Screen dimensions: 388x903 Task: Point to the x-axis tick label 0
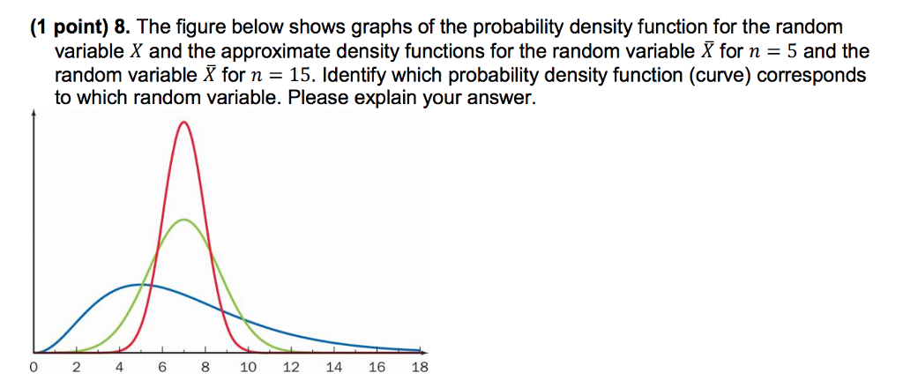coord(34,368)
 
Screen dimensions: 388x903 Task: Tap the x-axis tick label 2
coord(76,368)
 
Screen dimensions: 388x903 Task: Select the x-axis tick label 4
coord(119,368)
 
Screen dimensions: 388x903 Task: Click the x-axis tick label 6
coord(162,368)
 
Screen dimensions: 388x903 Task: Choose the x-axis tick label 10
coord(248,368)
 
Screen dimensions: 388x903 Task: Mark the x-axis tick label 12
coord(291,368)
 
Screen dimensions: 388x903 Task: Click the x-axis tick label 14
coord(334,368)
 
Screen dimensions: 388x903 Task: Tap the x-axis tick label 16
coord(377,368)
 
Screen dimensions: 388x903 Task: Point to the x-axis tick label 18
coord(420,368)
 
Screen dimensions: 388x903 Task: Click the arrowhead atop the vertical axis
coord(34,115)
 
